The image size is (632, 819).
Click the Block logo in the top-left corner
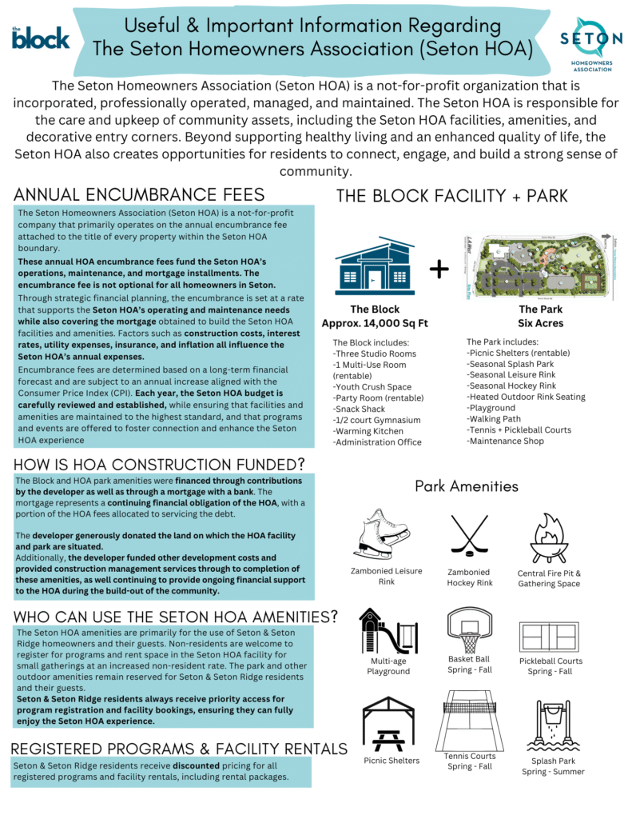[41, 37]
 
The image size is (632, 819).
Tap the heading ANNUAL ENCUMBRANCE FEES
[139, 195]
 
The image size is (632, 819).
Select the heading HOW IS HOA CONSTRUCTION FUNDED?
[160, 465]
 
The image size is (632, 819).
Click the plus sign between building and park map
[439, 270]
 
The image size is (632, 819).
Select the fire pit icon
[549, 538]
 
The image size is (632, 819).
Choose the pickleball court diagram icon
[550, 637]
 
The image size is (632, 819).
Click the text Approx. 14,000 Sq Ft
[375, 323]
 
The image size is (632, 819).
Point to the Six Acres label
[540, 323]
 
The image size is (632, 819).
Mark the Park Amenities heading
[467, 486]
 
